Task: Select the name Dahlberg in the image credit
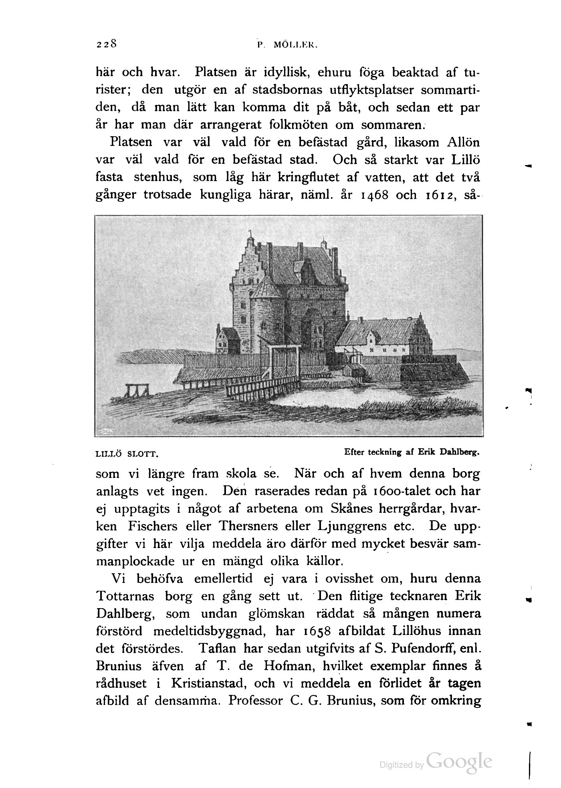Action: pos(462,452)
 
